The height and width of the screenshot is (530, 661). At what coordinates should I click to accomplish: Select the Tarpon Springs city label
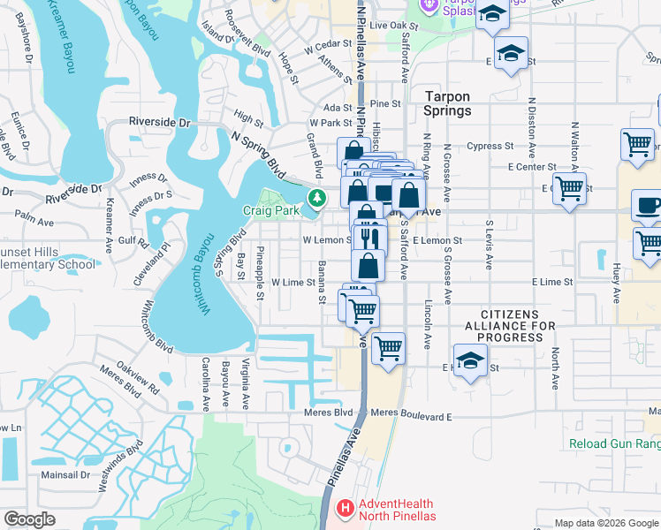click(x=447, y=103)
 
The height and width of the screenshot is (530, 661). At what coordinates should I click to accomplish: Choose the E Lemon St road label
click(x=437, y=240)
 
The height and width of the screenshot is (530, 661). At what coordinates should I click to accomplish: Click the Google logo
click(x=29, y=519)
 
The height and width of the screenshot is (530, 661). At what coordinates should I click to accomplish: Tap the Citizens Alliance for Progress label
click(x=518, y=326)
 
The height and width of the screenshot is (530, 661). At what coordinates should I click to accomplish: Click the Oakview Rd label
click(x=139, y=382)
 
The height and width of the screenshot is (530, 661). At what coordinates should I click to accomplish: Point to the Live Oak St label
click(x=392, y=26)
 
